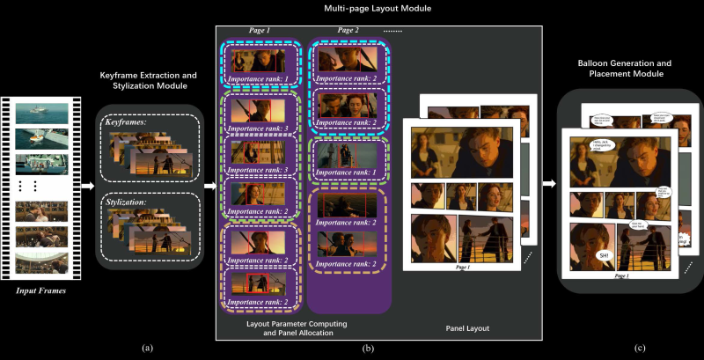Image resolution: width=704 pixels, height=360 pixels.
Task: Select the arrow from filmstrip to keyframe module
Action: coord(87,186)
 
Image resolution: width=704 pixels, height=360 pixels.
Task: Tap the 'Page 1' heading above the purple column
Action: coord(260,30)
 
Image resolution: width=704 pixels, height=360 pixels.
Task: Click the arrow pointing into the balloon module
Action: coord(548,184)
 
